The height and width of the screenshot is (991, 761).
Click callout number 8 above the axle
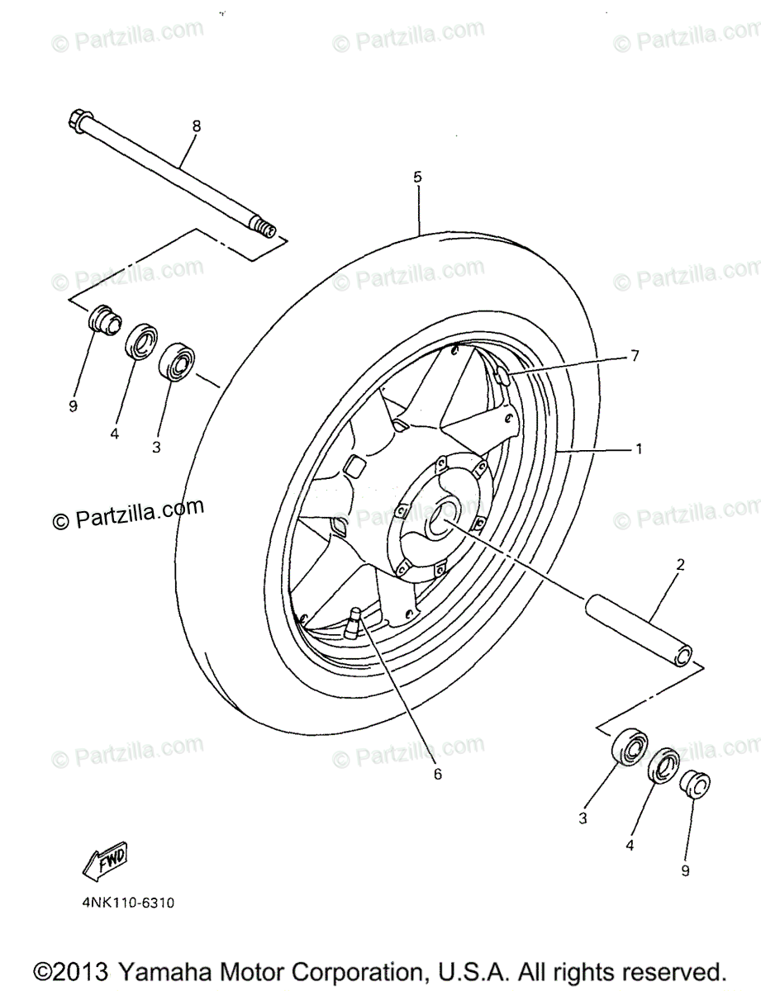point(196,126)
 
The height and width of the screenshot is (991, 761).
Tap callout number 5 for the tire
point(417,177)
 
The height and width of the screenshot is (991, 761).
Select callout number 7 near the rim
point(634,356)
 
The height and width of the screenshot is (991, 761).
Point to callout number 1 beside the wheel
point(639,449)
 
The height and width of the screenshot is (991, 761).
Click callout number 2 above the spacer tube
point(680,566)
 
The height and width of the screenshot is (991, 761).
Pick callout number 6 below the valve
point(437,774)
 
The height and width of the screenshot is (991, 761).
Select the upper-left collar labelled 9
point(102,319)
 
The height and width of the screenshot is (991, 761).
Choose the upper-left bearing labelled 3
point(177,361)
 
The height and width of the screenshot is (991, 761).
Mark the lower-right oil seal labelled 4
point(665,767)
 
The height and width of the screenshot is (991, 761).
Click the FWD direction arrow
point(105,862)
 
